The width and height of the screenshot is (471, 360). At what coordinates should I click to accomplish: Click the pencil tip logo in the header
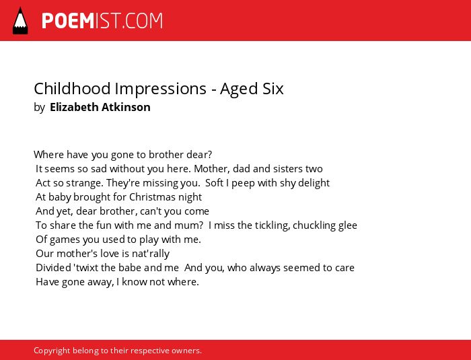click(20, 21)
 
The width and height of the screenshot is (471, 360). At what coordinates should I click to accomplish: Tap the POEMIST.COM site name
click(102, 21)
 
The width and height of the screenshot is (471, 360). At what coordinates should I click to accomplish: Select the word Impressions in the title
click(161, 89)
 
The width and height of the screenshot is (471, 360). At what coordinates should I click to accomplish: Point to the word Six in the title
click(272, 89)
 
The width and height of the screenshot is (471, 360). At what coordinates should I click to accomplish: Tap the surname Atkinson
click(126, 107)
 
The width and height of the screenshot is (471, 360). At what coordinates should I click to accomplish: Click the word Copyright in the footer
click(52, 351)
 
